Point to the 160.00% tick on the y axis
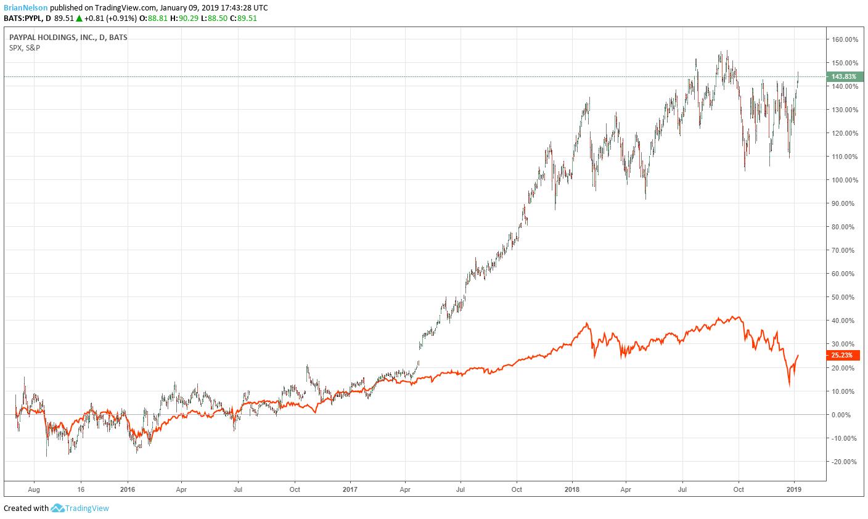[845, 39]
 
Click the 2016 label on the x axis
[127, 489]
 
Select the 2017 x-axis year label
[350, 489]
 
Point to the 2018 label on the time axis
[573, 489]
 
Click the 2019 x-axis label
[795, 489]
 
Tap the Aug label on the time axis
[34, 489]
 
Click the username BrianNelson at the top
[25, 7]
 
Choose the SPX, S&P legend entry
[25, 47]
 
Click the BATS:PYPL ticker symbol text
[25, 18]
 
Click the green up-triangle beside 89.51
[79, 18]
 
